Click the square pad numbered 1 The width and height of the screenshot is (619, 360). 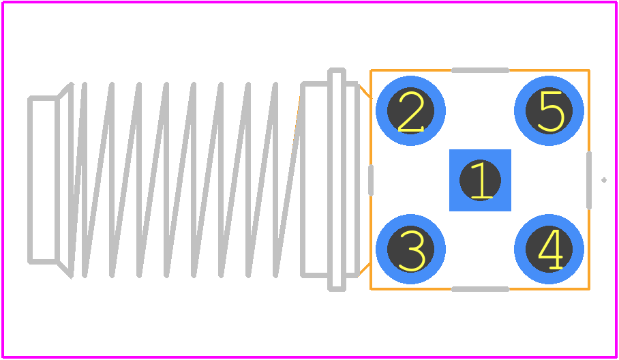click(x=480, y=180)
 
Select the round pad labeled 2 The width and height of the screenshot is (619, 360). click(x=410, y=110)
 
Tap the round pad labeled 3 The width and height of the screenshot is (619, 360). click(x=410, y=249)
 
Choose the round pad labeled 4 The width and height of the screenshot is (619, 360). click(x=549, y=249)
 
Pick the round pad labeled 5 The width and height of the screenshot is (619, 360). click(x=549, y=110)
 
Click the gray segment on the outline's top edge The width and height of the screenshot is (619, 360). click(x=480, y=70)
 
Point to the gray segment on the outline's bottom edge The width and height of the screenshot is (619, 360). click(x=480, y=289)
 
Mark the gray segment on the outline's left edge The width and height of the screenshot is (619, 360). click(x=371, y=180)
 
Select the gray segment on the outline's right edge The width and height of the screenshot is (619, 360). click(x=589, y=180)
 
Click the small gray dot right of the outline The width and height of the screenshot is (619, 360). click(x=604, y=180)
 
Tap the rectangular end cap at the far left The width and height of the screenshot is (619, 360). click(x=44, y=179)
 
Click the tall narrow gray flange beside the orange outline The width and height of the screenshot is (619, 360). click(x=337, y=179)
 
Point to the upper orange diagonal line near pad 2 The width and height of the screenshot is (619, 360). click(x=364, y=91)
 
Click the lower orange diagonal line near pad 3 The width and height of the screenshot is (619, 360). click(x=364, y=269)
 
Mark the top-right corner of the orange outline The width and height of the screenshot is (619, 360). click(x=590, y=70)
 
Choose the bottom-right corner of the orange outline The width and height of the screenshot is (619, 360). click(x=590, y=289)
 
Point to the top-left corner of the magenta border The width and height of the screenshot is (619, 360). click(x=3, y=2)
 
